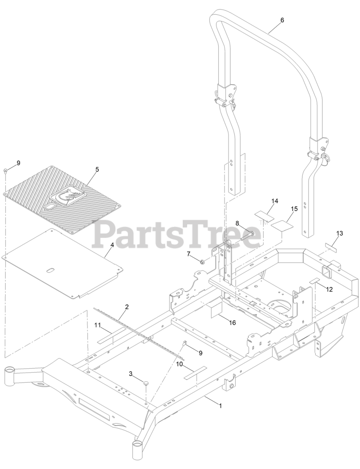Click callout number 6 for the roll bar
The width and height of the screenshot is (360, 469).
tap(282, 20)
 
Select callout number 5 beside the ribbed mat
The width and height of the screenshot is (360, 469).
tap(97, 169)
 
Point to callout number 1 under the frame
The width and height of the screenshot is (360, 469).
tap(220, 406)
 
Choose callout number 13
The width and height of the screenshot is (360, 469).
tap(339, 233)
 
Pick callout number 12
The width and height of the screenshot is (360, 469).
tap(329, 289)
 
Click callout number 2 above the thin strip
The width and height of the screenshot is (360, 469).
tap(127, 307)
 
